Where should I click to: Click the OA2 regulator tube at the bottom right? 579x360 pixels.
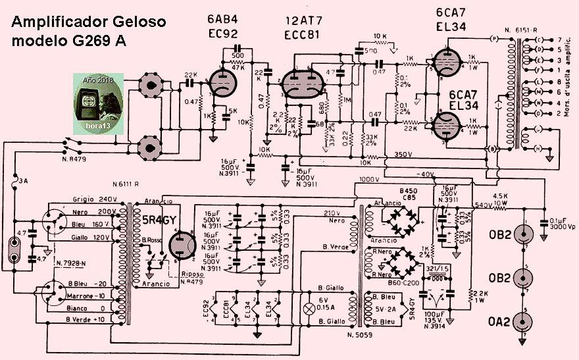pyautogui.click(x=525, y=322)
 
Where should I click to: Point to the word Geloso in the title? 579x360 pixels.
pyautogui.click(x=137, y=22)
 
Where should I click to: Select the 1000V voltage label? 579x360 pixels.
pyautogui.click(x=370, y=180)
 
